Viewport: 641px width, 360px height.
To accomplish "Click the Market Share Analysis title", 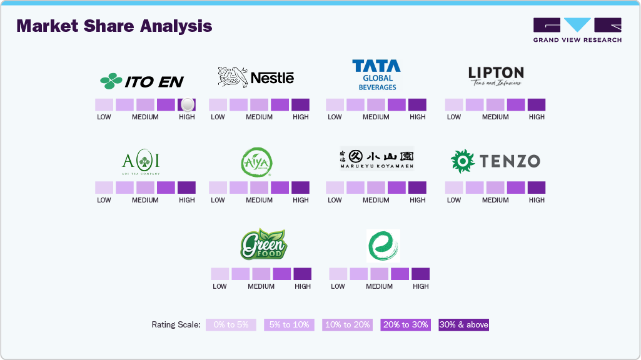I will click(114, 26).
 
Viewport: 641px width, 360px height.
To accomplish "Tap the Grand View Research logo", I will click(577, 30).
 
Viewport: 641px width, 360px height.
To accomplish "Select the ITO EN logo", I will click(142, 81).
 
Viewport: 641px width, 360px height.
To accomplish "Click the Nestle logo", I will click(256, 77).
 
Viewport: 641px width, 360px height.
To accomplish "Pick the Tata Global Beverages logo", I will click(376, 75).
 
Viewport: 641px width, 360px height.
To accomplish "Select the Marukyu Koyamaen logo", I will click(376, 159).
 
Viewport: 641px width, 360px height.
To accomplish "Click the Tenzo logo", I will click(495, 161).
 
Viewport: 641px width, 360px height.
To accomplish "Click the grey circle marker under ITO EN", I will click(187, 105).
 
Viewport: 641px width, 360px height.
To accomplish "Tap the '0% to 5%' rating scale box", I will click(231, 325).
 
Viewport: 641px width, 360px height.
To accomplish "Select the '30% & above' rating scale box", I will click(463, 325).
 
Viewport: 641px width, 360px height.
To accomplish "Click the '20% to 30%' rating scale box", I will click(405, 325).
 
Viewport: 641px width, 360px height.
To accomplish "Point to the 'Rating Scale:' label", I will click(176, 325).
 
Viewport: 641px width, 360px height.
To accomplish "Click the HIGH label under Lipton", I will click(537, 117).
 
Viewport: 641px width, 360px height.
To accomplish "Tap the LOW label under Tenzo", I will click(454, 200).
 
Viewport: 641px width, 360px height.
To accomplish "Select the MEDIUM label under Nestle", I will click(259, 117).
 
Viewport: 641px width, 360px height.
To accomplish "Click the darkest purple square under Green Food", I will click(302, 274).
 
